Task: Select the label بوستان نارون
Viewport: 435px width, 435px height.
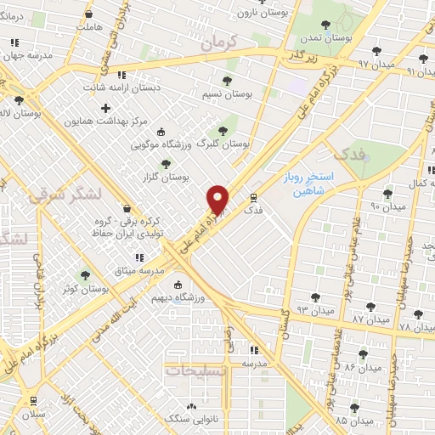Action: tap(258, 13)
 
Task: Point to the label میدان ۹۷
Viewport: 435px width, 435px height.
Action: tap(376, 64)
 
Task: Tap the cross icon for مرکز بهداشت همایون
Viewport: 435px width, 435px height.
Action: tap(105, 108)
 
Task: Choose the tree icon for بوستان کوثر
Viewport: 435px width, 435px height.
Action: tap(83, 275)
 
